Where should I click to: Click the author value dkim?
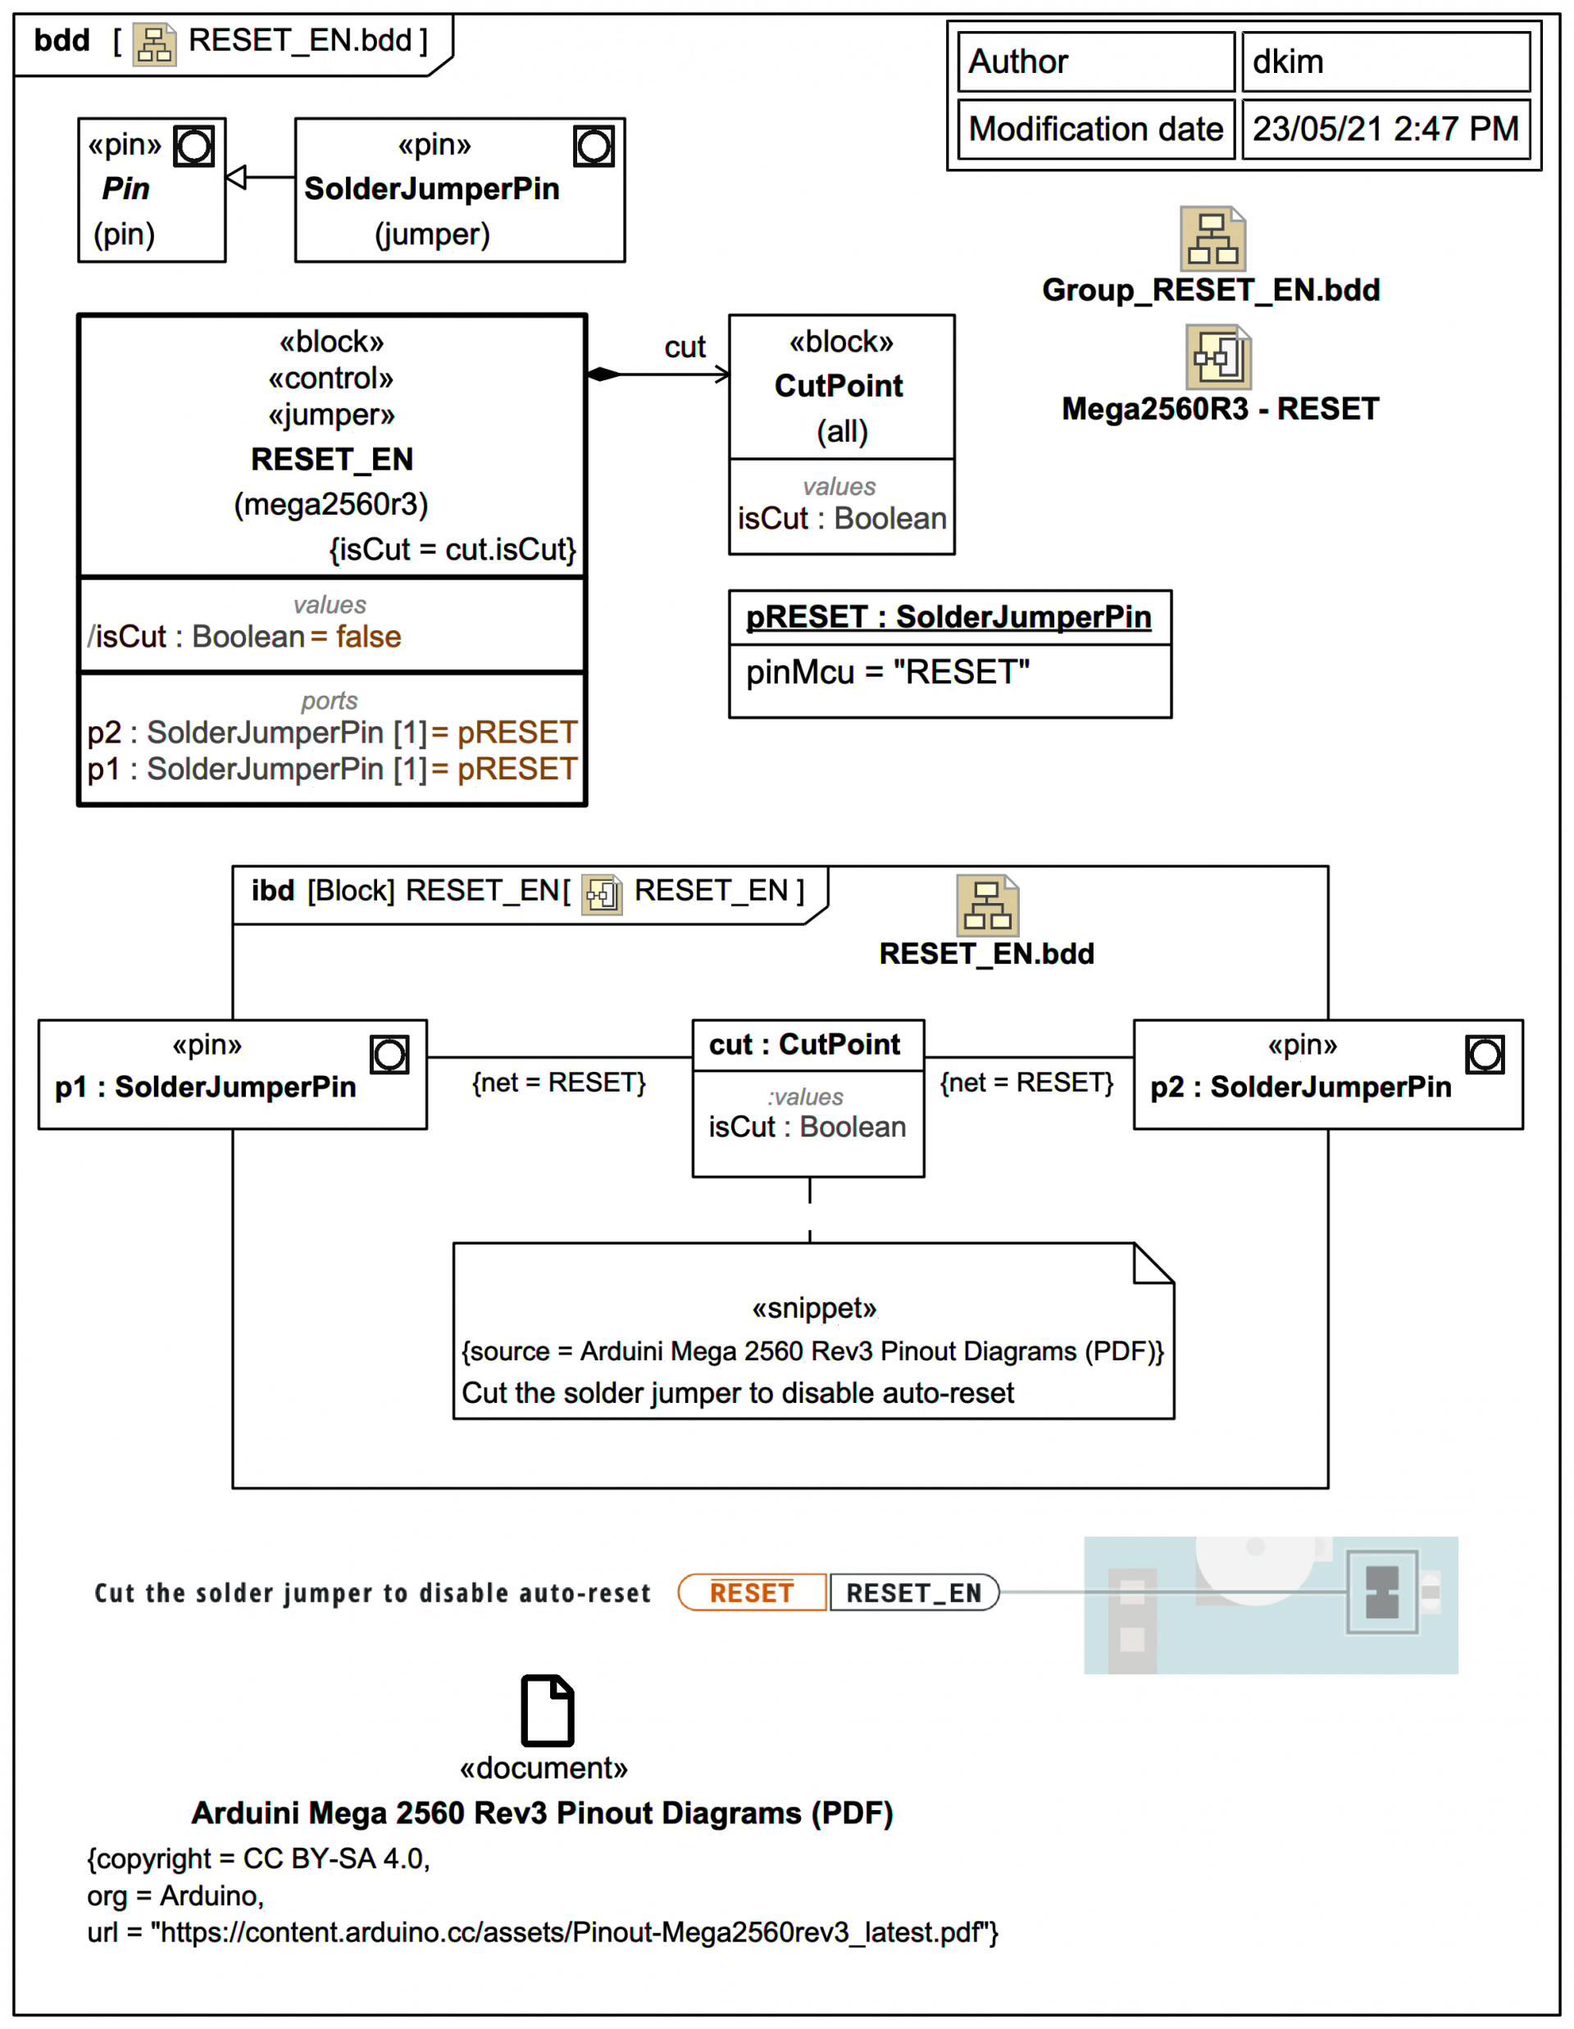click(x=1287, y=62)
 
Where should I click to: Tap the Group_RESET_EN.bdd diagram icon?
click(x=1212, y=238)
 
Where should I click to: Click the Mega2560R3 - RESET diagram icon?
click(x=1218, y=356)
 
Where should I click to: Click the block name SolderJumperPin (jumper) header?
click(x=432, y=188)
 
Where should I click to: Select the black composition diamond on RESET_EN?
click(x=604, y=374)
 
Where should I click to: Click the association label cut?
click(x=685, y=347)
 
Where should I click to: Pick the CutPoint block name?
click(x=838, y=385)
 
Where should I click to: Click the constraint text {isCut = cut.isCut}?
click(x=453, y=550)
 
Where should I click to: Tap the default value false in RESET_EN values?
click(x=368, y=638)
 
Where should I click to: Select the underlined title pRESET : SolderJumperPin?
click(x=948, y=618)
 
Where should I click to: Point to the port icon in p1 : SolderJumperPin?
click(x=389, y=1055)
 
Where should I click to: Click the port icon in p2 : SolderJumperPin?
click(x=1484, y=1055)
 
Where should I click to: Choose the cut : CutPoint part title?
click(x=805, y=1045)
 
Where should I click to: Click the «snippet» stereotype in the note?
click(x=814, y=1309)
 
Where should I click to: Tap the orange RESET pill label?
click(x=752, y=1593)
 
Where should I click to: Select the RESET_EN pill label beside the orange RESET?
click(x=913, y=1593)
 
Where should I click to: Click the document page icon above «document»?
click(x=548, y=1710)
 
